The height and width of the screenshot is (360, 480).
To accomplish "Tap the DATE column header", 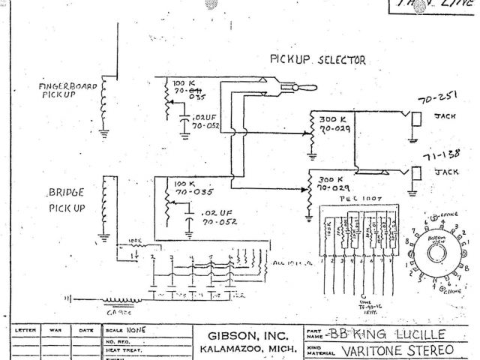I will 85,329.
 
